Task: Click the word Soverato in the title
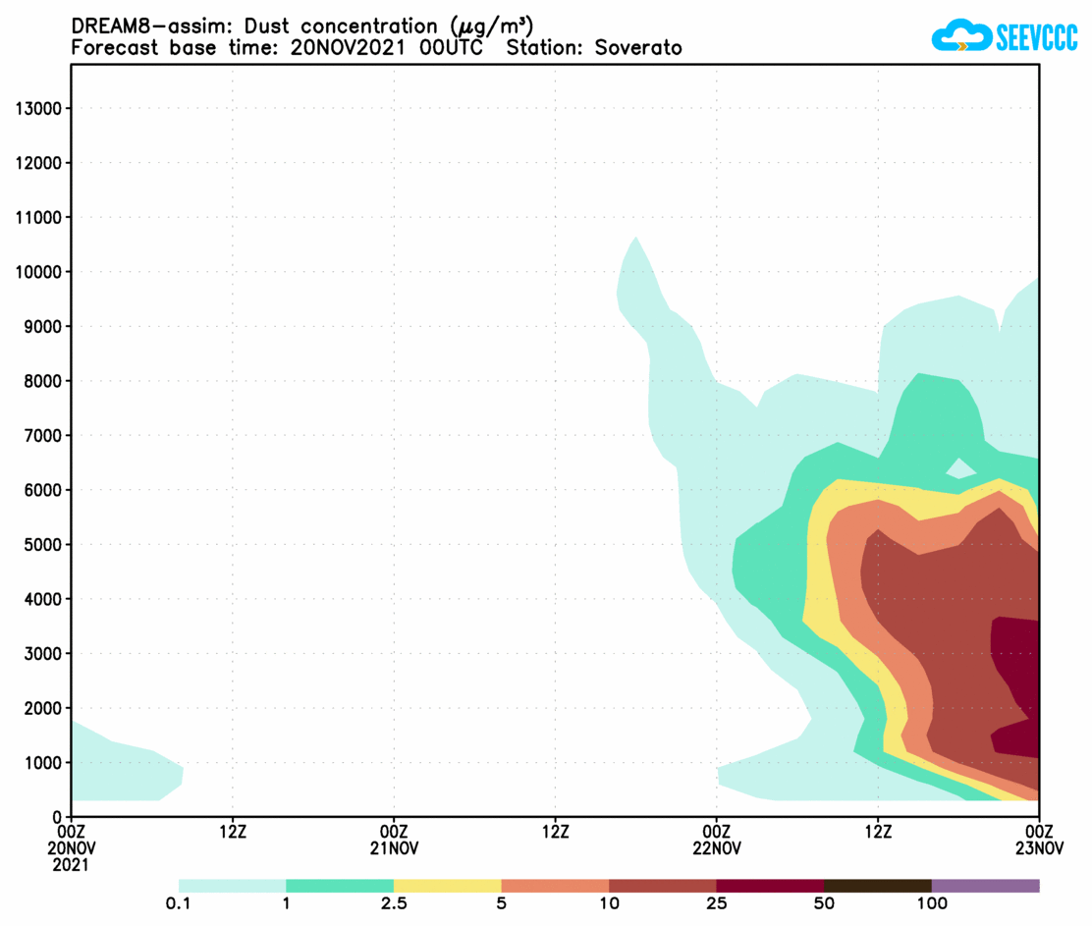click(x=638, y=47)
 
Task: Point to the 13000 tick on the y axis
click(x=39, y=108)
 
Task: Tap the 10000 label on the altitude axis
click(x=39, y=272)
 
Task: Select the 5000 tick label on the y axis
click(x=43, y=545)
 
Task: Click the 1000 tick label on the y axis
click(x=43, y=763)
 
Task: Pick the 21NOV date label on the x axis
click(x=394, y=848)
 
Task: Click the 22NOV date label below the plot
click(x=717, y=848)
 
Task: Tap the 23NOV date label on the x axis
click(x=1039, y=848)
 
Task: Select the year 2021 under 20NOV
click(x=71, y=865)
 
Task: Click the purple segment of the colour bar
click(x=985, y=886)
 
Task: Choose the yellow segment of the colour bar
click(x=447, y=886)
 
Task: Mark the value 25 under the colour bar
click(x=717, y=903)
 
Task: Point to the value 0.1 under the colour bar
click(x=179, y=903)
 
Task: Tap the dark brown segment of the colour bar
click(x=877, y=886)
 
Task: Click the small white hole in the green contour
click(x=960, y=468)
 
